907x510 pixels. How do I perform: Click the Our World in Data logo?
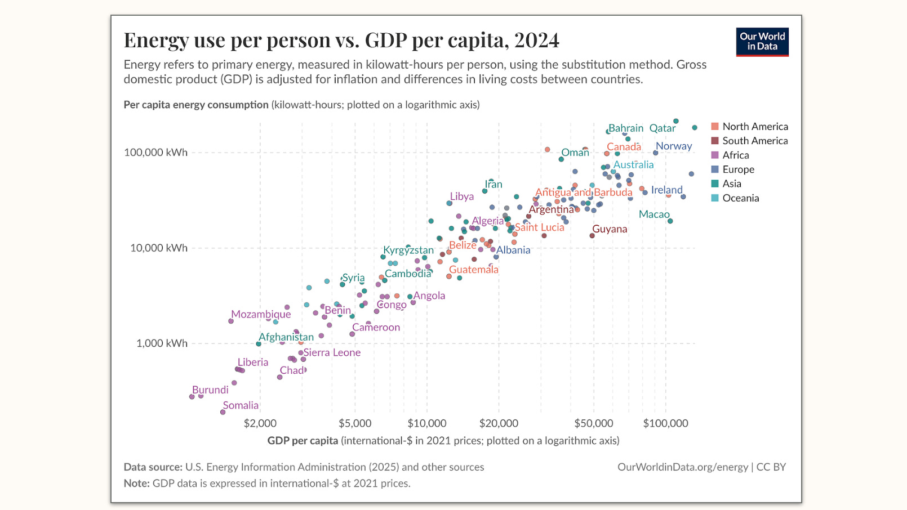click(x=762, y=42)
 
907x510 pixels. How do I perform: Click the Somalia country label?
click(x=241, y=405)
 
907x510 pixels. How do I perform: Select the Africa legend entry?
click(x=735, y=155)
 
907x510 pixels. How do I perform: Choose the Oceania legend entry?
click(x=740, y=198)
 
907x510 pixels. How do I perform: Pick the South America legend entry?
click(x=754, y=141)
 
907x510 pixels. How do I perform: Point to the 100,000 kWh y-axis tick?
click(x=156, y=153)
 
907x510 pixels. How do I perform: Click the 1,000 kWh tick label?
click(x=162, y=343)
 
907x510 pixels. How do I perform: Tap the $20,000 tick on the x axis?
click(x=499, y=423)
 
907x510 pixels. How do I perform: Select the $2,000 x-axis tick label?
click(x=260, y=423)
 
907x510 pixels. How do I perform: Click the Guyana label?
click(x=610, y=229)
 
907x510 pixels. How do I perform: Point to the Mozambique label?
click(x=261, y=314)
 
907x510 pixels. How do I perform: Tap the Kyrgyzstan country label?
click(x=408, y=250)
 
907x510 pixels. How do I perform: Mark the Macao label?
click(x=654, y=214)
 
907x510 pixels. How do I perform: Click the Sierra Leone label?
click(x=332, y=352)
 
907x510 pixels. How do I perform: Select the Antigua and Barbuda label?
click(x=584, y=193)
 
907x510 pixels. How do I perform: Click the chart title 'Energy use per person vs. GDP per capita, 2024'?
click(x=341, y=41)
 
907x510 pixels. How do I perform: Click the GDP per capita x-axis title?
click(x=443, y=441)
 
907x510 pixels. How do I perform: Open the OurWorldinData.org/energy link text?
click(x=682, y=467)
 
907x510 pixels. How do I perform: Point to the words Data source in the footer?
click(x=153, y=467)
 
